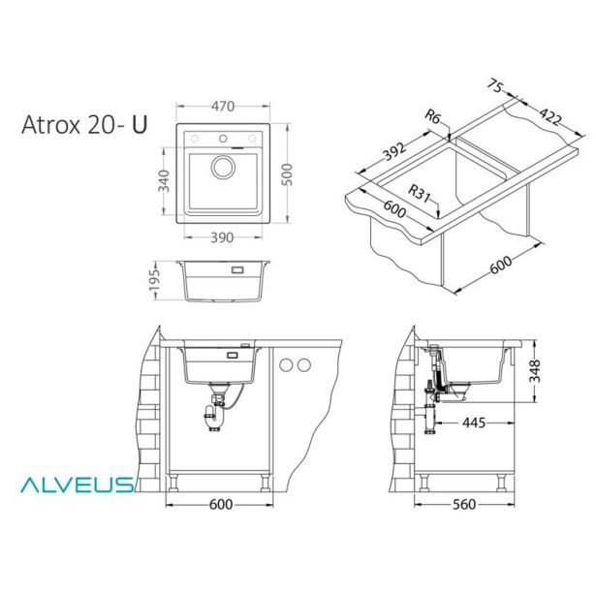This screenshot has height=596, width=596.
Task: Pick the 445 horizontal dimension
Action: (474, 422)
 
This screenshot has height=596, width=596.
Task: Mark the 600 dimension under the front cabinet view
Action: (221, 505)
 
